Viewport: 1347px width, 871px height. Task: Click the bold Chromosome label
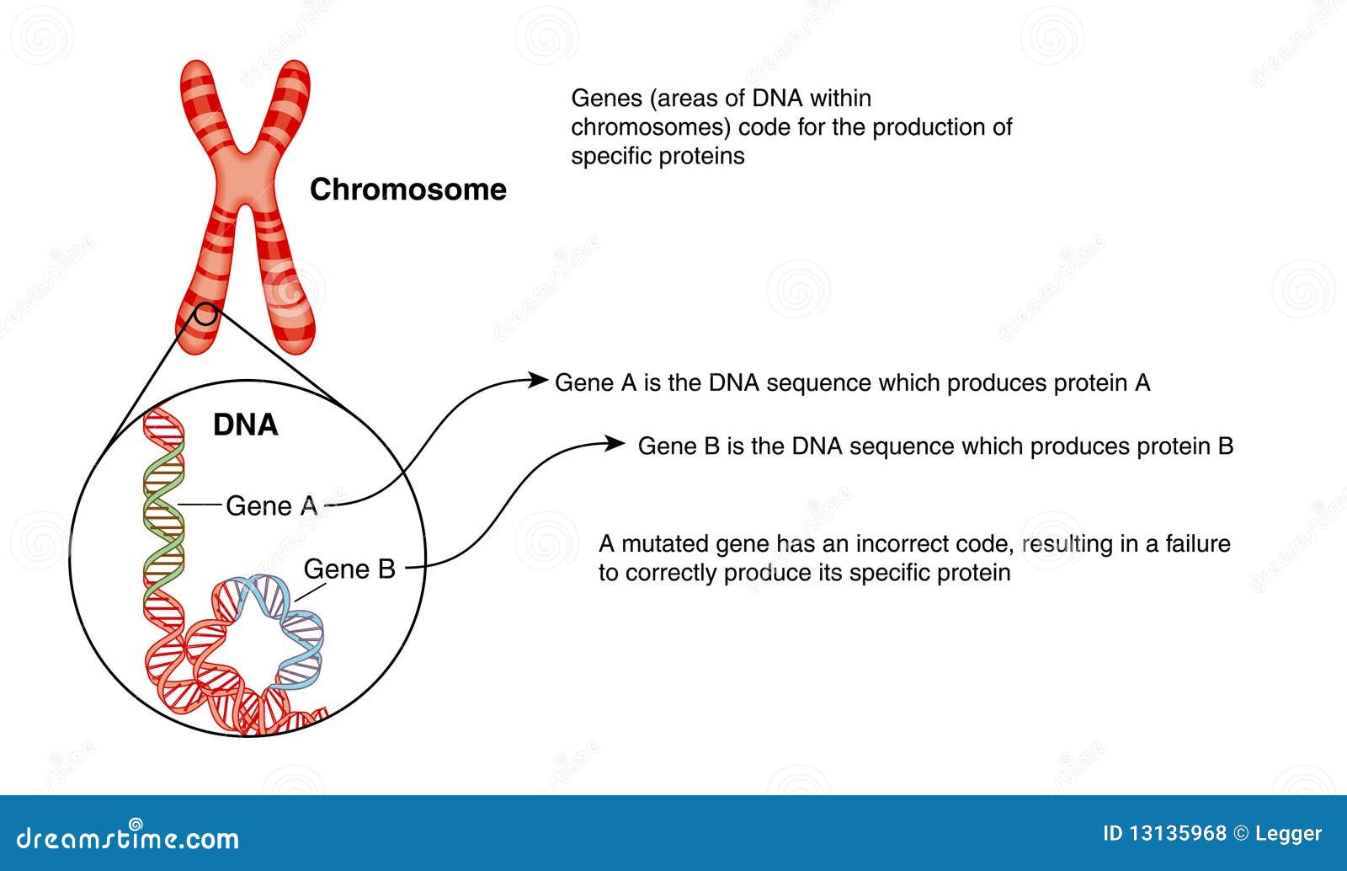(x=407, y=190)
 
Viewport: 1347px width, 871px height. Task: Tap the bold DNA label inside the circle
(x=245, y=425)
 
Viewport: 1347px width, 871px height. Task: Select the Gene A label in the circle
(x=271, y=506)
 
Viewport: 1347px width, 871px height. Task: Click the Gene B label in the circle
(x=349, y=569)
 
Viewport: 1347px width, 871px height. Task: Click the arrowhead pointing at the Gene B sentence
(x=616, y=443)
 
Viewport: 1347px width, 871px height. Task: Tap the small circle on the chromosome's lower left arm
(x=205, y=316)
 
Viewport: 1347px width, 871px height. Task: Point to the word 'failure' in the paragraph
(x=1197, y=544)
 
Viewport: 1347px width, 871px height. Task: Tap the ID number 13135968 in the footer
(x=1176, y=834)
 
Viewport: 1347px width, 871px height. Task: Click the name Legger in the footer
(x=1288, y=834)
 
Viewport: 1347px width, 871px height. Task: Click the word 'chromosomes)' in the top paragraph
(x=650, y=127)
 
